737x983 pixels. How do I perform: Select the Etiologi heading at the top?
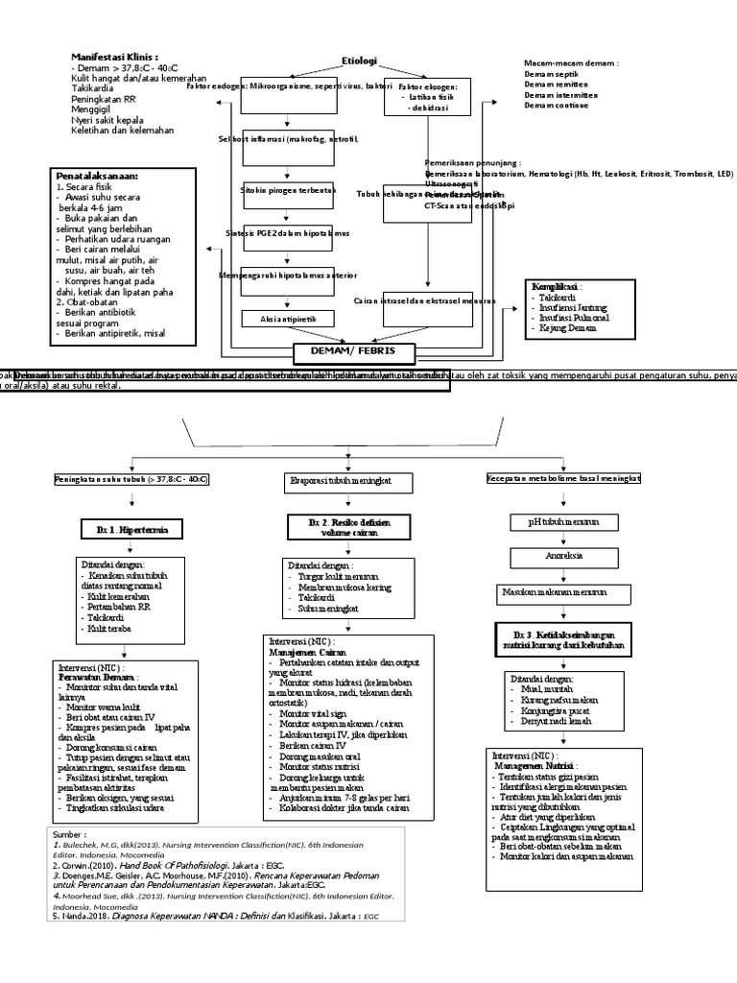pos(360,60)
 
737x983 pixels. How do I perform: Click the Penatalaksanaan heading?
pos(98,177)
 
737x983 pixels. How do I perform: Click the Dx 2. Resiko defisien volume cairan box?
pos(349,525)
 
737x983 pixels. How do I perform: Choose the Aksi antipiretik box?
pos(274,319)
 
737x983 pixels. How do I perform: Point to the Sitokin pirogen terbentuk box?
pos(274,191)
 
